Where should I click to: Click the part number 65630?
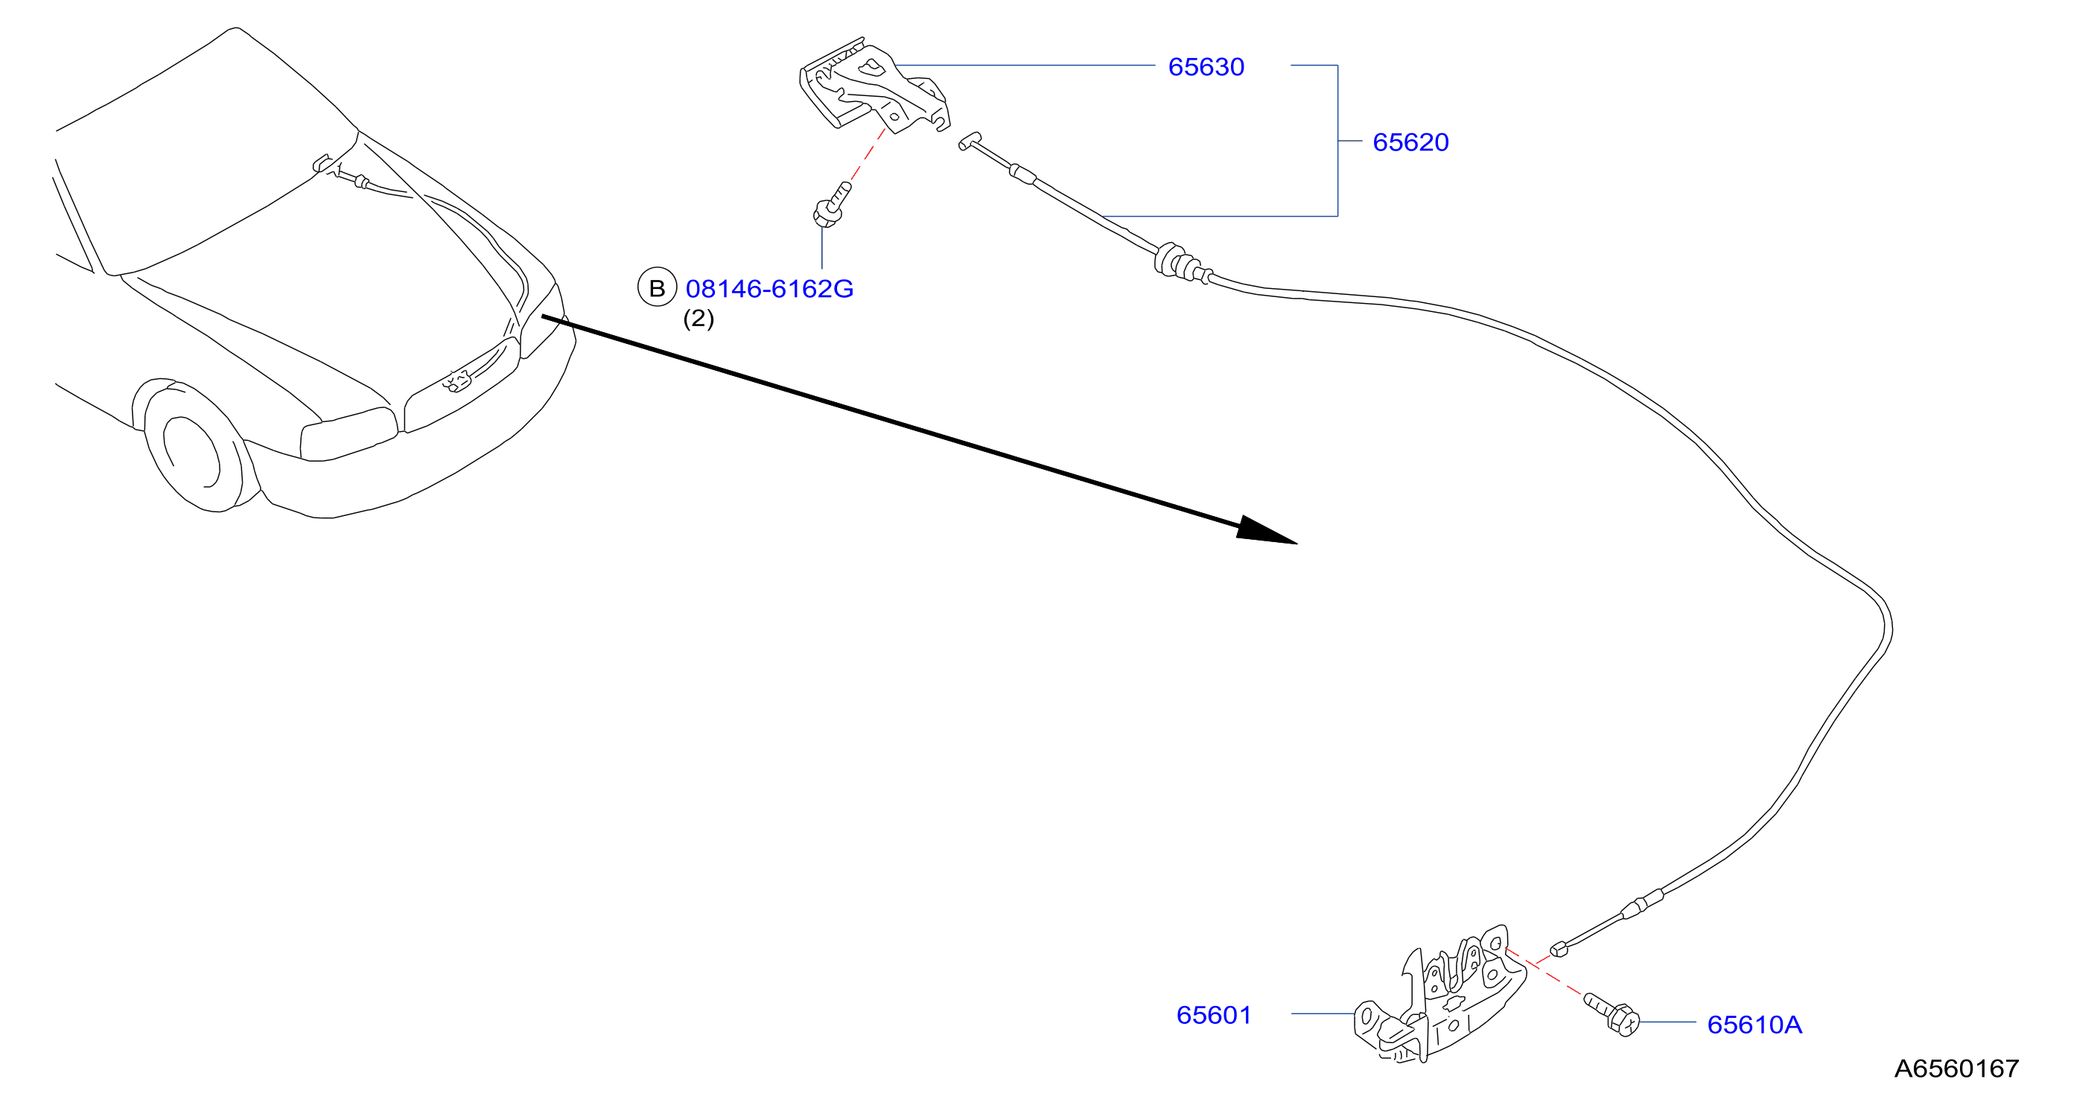pyautogui.click(x=1206, y=67)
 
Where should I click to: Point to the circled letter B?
pyautogui.click(x=656, y=287)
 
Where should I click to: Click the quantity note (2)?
pyautogui.click(x=698, y=319)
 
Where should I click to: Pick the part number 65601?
pyautogui.click(x=1213, y=1016)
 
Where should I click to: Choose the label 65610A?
pyautogui.click(x=1754, y=1025)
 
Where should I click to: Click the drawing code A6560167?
pyautogui.click(x=1956, y=1069)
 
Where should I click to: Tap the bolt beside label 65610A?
pyautogui.click(x=1611, y=1013)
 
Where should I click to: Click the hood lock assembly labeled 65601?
pyautogui.click(x=1439, y=995)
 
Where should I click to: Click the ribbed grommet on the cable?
pyautogui.click(x=1178, y=261)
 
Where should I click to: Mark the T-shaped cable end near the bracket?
pyautogui.click(x=970, y=141)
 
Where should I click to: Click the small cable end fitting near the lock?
pyautogui.click(x=1558, y=949)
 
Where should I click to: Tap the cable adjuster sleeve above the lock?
pyautogui.click(x=1642, y=903)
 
